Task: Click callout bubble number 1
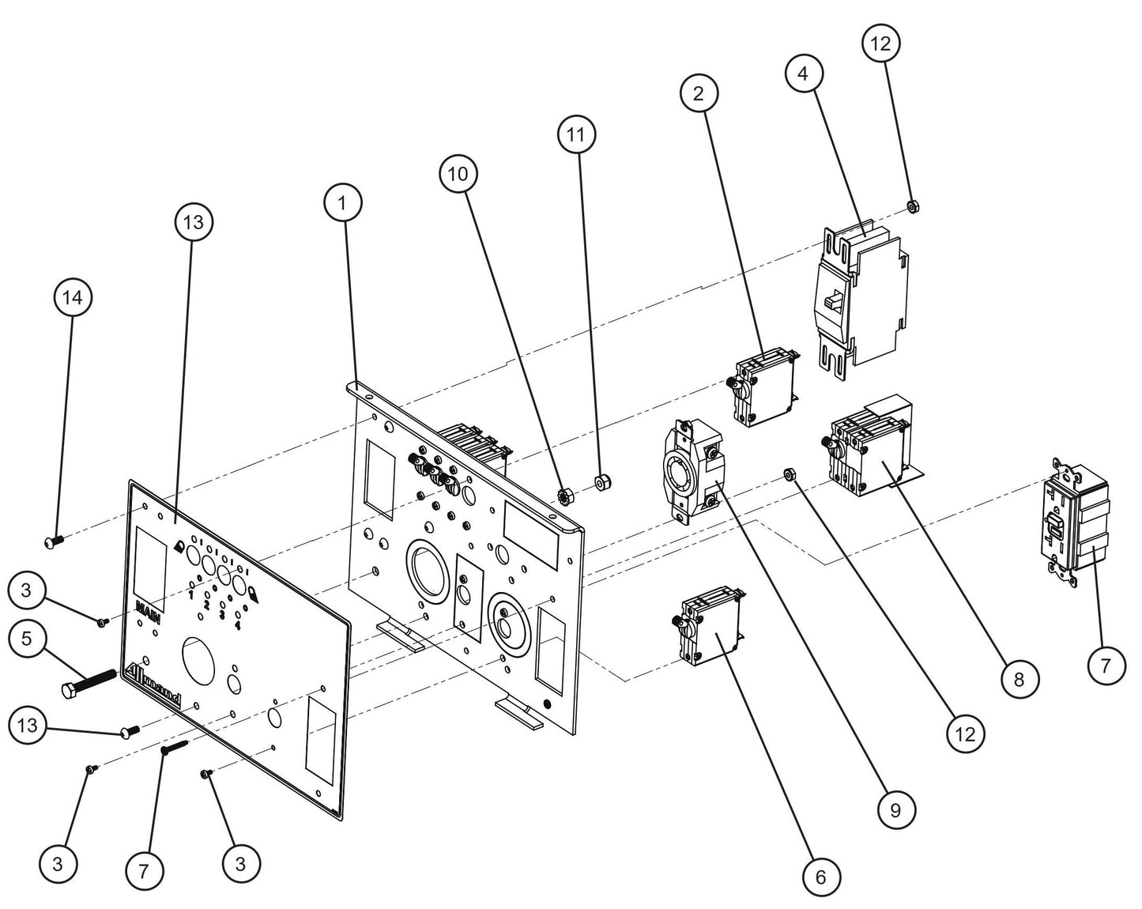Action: [x=342, y=203]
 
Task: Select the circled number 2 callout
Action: [x=698, y=94]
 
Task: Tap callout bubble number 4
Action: [x=804, y=74]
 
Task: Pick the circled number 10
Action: [x=458, y=175]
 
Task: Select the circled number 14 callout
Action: [x=72, y=297]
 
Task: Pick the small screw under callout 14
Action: [x=54, y=541]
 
